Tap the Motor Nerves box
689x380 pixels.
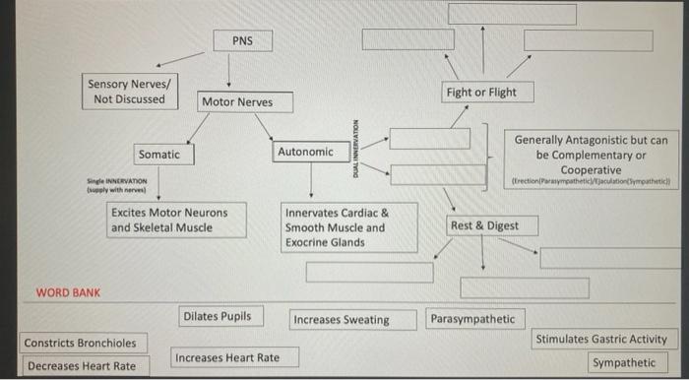pos(236,102)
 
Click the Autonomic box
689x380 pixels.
pos(305,153)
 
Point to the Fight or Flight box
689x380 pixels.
pos(480,93)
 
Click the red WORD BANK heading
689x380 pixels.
pos(68,293)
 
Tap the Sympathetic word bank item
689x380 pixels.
pos(624,363)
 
